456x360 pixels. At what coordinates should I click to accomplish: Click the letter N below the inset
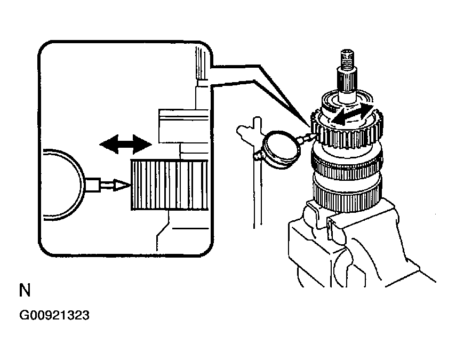point(25,291)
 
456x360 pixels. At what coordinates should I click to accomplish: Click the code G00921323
point(54,315)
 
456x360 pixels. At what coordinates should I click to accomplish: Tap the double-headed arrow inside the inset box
point(126,143)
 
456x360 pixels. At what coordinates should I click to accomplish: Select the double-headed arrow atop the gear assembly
point(350,115)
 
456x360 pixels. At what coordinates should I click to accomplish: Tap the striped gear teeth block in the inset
point(169,185)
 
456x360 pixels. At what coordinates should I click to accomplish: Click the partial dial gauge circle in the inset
point(61,184)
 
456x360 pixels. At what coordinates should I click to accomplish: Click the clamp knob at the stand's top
point(246,130)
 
